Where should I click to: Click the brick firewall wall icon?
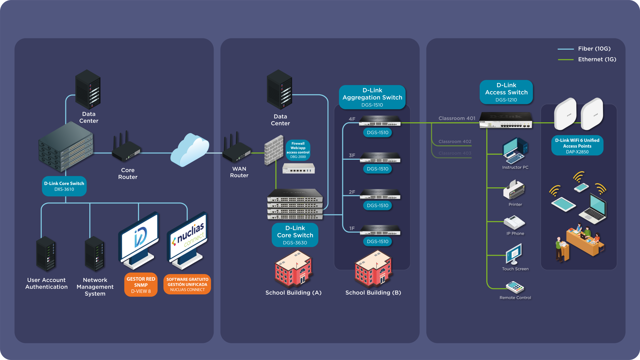(274, 150)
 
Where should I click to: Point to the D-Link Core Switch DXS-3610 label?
(64, 186)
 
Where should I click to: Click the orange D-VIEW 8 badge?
(141, 285)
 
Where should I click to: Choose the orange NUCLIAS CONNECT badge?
(187, 284)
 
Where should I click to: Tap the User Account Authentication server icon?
(46, 254)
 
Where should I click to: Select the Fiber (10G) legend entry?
(584, 49)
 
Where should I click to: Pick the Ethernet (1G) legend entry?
(587, 59)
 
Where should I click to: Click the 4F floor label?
(352, 119)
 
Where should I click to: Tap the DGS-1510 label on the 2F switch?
(378, 205)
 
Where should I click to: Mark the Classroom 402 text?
(455, 141)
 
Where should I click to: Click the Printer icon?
(514, 190)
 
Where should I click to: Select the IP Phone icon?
(514, 222)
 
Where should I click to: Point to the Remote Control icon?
(515, 287)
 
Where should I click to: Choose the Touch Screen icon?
(514, 254)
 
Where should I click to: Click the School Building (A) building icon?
(293, 269)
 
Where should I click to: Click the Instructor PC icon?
(515, 151)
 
